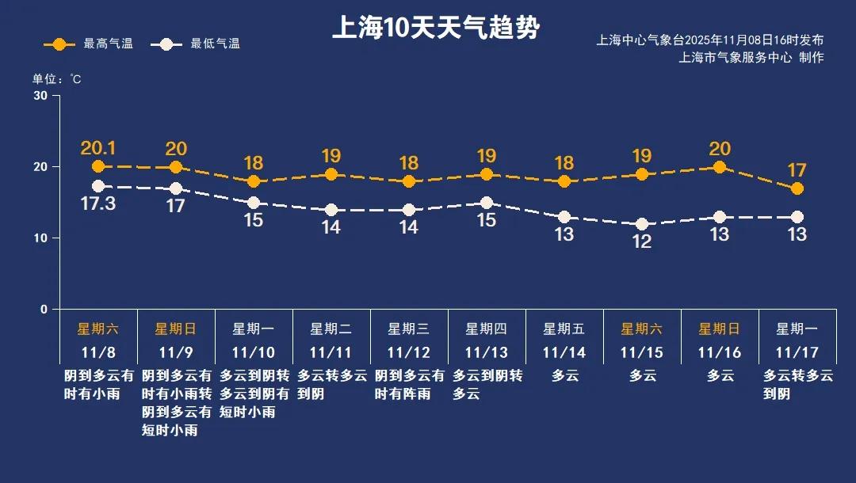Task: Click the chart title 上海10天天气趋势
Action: pos(435,29)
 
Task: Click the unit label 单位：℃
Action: pos(56,79)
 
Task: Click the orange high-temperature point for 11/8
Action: pos(98,166)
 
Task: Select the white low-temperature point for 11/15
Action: pos(641,224)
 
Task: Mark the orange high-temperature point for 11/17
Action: pos(797,188)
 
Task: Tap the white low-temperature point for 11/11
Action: pos(331,210)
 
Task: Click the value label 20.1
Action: pos(98,148)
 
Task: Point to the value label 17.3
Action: pos(98,203)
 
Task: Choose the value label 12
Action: pos(641,242)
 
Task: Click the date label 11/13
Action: pos(486,352)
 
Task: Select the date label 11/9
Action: pos(176,352)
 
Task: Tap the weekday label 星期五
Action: pos(564,329)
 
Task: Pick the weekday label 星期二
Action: pos(331,329)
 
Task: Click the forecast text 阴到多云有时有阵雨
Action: pos(408,384)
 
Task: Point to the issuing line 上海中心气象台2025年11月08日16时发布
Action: pos(710,40)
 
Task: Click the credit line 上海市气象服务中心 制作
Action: pos(751,58)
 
